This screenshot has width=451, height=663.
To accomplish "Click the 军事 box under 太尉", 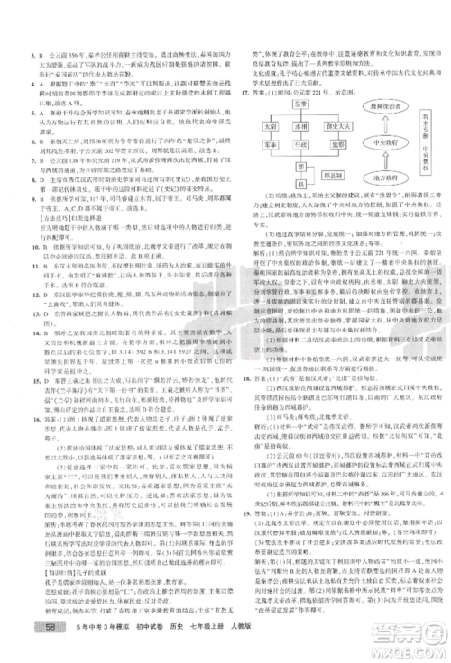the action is coord(271,142).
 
